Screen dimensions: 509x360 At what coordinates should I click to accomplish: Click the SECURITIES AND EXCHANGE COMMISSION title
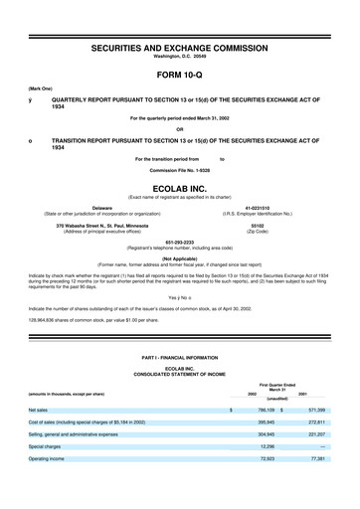[x=179, y=47]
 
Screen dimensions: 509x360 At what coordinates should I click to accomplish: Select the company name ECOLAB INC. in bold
[x=179, y=187]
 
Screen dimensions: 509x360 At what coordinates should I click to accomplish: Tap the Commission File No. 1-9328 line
[x=179, y=170]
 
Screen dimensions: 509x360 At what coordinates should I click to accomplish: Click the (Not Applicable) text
[x=179, y=256]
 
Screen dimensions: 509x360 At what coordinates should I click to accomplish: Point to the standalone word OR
[x=179, y=128]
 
